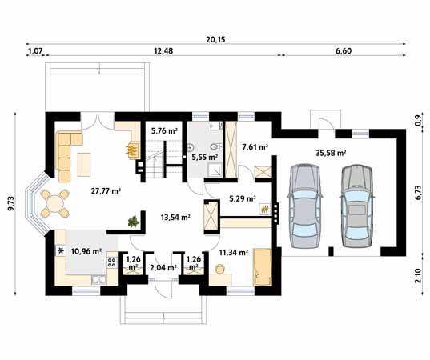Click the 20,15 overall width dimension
215,40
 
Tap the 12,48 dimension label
163,51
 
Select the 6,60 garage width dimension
344,51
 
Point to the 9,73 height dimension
11,203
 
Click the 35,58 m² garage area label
331,153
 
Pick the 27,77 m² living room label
106,190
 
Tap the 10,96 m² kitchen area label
86,251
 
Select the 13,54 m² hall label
175,218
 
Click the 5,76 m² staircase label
164,130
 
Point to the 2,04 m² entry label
163,267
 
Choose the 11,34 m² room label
234,252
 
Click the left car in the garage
305,206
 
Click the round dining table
54,203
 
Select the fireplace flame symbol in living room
133,150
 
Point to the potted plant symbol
134,222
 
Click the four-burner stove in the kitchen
112,262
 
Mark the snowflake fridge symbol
61,250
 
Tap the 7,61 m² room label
255,147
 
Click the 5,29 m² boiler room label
243,198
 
